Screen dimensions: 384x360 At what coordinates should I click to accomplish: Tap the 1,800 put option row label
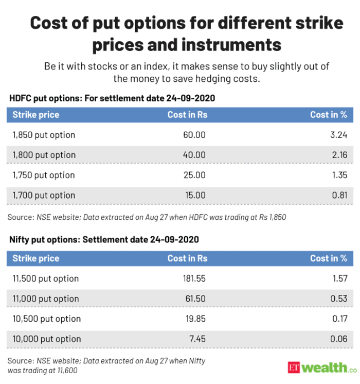pos(44,155)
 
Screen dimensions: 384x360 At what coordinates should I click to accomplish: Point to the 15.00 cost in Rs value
pos(195,195)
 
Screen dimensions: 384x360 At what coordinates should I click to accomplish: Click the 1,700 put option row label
pos(44,195)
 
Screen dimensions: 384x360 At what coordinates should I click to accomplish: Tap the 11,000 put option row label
pos(46,299)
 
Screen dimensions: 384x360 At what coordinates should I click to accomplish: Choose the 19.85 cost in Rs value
pos(195,319)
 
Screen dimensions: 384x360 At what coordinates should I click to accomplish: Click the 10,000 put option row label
pos(46,339)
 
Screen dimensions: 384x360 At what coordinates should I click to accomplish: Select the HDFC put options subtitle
pos(112,98)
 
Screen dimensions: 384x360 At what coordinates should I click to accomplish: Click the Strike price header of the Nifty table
pos(35,258)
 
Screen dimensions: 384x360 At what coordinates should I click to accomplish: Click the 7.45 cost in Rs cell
pos(197,339)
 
